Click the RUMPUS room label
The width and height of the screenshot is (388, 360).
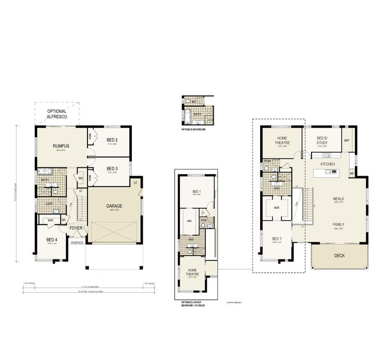tap(61, 146)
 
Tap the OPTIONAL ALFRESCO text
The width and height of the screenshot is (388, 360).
tap(56, 114)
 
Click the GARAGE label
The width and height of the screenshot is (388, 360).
tap(114, 206)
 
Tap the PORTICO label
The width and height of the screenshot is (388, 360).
tap(78, 242)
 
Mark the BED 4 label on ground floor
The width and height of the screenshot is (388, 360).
tap(52, 239)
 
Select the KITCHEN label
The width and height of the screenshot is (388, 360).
tap(327, 164)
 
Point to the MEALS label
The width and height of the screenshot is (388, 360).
tap(338, 198)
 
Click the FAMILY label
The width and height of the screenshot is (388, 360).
tap(338, 224)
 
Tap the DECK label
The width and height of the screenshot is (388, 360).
tap(339, 255)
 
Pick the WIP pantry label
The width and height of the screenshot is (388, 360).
tap(347, 140)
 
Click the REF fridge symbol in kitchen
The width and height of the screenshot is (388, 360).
tap(351, 174)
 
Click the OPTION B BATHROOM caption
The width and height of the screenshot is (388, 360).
tap(193, 129)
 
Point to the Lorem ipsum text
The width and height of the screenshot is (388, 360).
tap(234, 302)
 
